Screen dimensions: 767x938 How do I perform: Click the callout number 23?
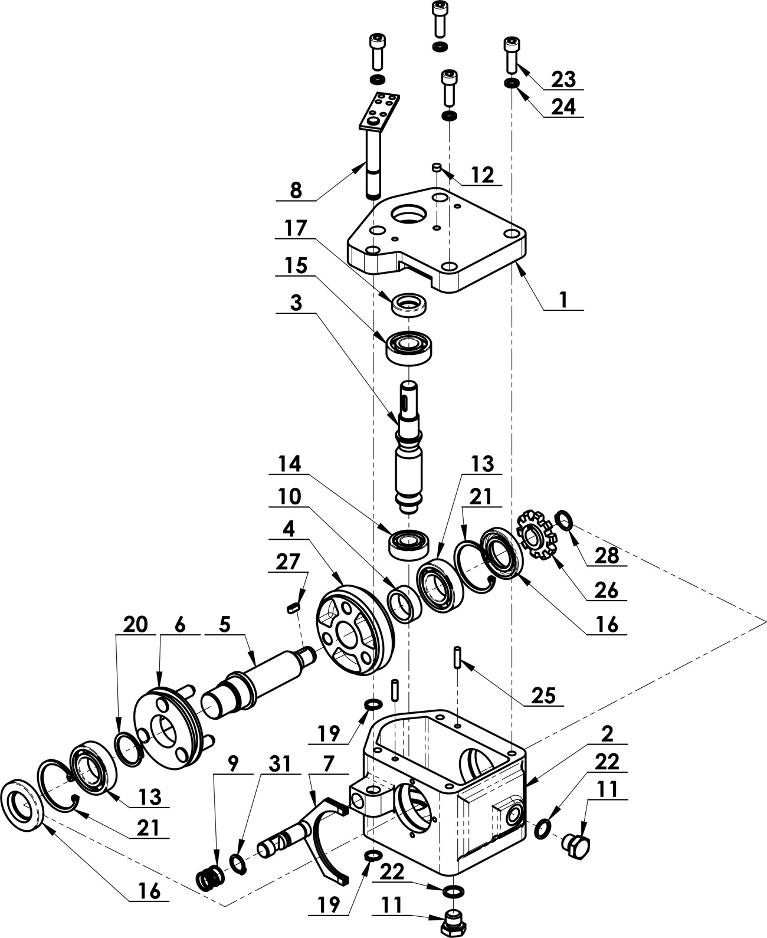(x=563, y=79)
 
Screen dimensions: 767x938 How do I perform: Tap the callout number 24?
(x=563, y=107)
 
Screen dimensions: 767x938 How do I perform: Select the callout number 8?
(x=296, y=191)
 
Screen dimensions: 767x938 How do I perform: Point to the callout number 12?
(x=483, y=175)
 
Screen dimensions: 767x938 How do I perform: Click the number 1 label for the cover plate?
(x=563, y=299)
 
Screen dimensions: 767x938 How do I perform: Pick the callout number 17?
(x=296, y=228)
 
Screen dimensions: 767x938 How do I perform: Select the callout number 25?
(x=543, y=694)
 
